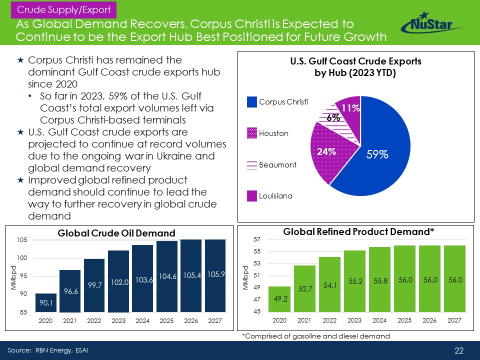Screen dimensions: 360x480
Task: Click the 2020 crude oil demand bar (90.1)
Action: tap(45, 302)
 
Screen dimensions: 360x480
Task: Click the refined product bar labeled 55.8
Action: tap(379, 281)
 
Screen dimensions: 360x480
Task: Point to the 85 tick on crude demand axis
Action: tap(23, 313)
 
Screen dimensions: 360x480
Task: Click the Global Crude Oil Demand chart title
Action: tap(116, 233)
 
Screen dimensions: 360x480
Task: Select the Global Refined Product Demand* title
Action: tap(358, 231)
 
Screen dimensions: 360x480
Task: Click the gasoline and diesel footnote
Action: tap(315, 336)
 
